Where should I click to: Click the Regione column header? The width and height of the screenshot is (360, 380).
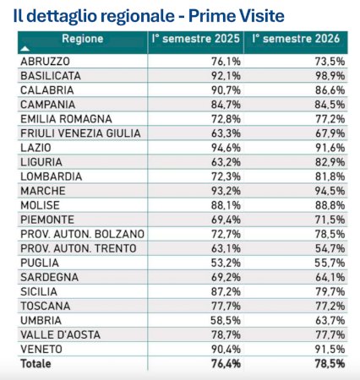click(x=83, y=39)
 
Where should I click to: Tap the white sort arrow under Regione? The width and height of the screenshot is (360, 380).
click(x=25, y=49)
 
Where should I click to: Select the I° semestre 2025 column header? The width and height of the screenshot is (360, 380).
click(x=196, y=39)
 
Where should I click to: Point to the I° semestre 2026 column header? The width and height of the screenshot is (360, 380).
click(x=296, y=39)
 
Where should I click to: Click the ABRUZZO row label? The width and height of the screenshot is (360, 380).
click(x=45, y=62)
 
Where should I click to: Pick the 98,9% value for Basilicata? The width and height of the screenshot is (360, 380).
click(x=330, y=76)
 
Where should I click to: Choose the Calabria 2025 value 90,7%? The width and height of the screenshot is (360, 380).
click(x=226, y=90)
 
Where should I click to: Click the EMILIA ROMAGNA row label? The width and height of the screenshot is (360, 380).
click(x=66, y=119)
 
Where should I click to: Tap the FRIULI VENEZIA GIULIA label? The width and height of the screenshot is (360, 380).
click(x=80, y=133)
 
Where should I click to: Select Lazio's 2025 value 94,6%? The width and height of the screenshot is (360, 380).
click(x=226, y=148)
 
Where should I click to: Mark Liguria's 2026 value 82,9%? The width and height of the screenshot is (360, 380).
click(x=330, y=162)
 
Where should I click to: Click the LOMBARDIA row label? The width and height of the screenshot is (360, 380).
click(x=52, y=176)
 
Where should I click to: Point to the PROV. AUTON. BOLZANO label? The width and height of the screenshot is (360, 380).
click(x=83, y=234)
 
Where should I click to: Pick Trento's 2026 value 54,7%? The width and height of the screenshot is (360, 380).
click(x=330, y=248)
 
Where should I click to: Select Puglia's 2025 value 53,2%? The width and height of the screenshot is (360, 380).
click(x=226, y=263)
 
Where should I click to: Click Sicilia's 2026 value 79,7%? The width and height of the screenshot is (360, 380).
click(x=330, y=291)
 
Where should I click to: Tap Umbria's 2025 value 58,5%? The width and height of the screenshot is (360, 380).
click(x=226, y=320)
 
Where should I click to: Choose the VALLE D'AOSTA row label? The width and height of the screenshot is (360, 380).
click(x=61, y=334)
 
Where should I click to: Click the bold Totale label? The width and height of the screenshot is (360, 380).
click(x=35, y=364)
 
